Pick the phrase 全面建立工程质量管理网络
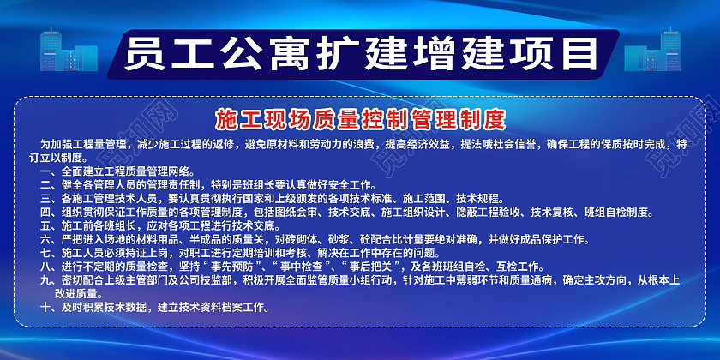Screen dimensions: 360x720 (x=129, y=171)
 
